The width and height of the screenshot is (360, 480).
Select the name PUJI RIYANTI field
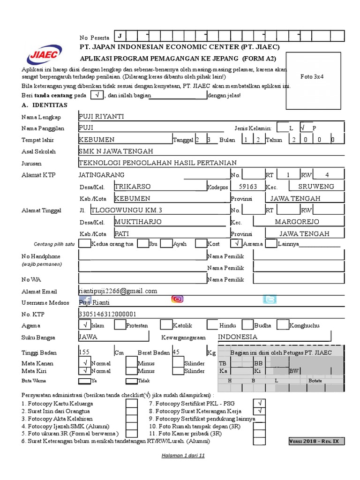[102, 116]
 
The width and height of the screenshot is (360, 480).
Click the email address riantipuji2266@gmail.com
[118, 291]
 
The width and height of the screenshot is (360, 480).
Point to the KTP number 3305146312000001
[107, 314]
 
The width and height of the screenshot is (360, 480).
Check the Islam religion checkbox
[85, 325]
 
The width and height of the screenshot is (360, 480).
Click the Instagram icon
[177, 300]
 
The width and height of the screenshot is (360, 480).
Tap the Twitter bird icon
[270, 300]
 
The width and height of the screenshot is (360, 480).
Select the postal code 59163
[248, 186]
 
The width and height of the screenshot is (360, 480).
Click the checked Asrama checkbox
[236, 243]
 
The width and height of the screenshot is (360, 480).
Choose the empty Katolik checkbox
[166, 325]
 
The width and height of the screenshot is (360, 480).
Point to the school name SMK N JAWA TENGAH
[116, 151]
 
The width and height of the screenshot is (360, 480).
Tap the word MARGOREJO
[297, 221]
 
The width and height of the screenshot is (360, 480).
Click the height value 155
[84, 352]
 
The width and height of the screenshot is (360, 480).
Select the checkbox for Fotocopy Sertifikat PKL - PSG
[259, 403]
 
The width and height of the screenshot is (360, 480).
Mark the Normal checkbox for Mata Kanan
[85, 363]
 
